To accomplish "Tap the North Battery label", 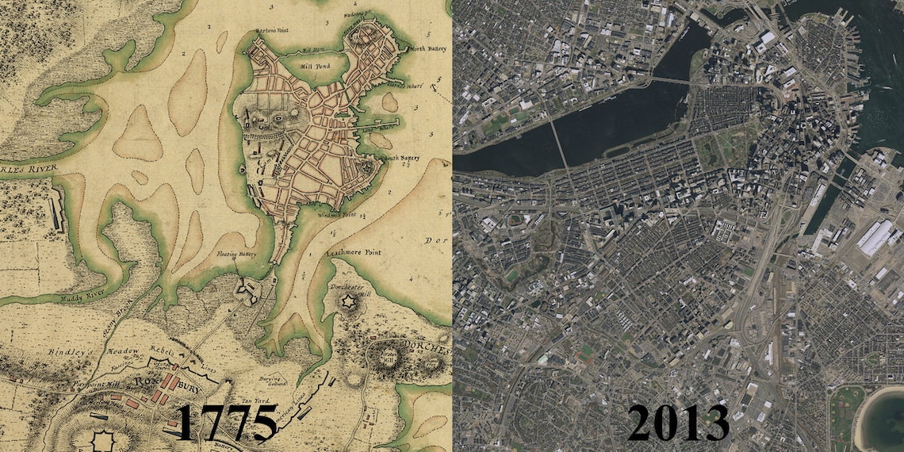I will coord(429,49).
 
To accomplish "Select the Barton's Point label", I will coord(271,31).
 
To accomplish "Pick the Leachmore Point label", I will coord(354,253).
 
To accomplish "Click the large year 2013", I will coord(678,422).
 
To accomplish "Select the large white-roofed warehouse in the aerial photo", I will coord(876,236).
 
